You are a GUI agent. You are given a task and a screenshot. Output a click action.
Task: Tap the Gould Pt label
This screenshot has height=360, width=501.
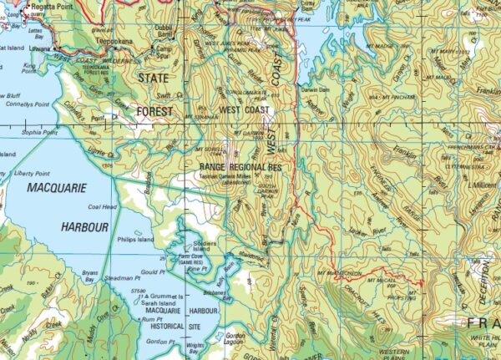(x=152, y=272)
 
